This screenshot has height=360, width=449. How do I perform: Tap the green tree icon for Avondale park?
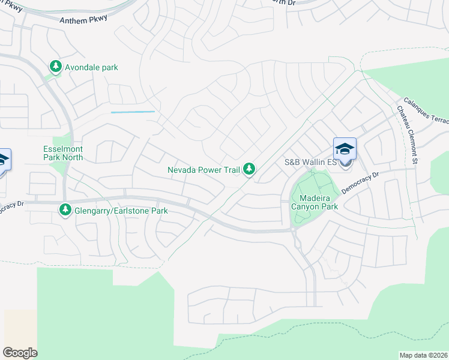(56, 66)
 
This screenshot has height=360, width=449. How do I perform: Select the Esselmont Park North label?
(63, 153)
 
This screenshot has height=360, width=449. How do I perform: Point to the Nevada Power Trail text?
(203, 170)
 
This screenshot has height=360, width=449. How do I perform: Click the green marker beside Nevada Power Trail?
(249, 170)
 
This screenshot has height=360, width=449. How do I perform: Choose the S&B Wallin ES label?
(309, 163)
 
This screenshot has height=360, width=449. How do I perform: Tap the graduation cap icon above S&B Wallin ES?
(345, 149)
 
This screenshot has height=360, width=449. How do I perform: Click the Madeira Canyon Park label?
(315, 202)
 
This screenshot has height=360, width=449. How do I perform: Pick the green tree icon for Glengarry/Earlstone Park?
(65, 210)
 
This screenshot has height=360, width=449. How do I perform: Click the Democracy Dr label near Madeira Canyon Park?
(361, 183)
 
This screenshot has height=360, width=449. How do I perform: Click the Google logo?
(20, 353)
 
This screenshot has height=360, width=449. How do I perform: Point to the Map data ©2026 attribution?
(423, 355)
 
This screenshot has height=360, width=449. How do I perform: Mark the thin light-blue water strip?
(133, 112)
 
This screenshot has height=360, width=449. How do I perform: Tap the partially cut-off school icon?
(4, 160)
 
